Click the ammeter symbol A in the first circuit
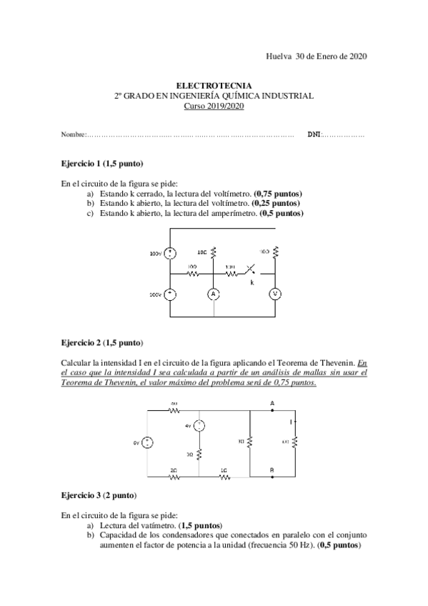pyautogui.click(x=214, y=294)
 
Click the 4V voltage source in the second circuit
pyautogui.click(x=200, y=426)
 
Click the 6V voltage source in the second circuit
pyautogui.click(x=146, y=443)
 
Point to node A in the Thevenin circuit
pyautogui.click(x=272, y=403)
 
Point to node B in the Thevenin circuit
pyautogui.click(x=272, y=470)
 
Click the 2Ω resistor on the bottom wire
pyautogui.click(x=174, y=477)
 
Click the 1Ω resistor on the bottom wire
pyautogui.click(x=224, y=477)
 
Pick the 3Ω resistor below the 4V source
pyautogui.click(x=200, y=454)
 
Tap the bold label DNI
pyautogui.click(x=314, y=134)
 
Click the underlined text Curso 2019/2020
pyautogui.click(x=214, y=106)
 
